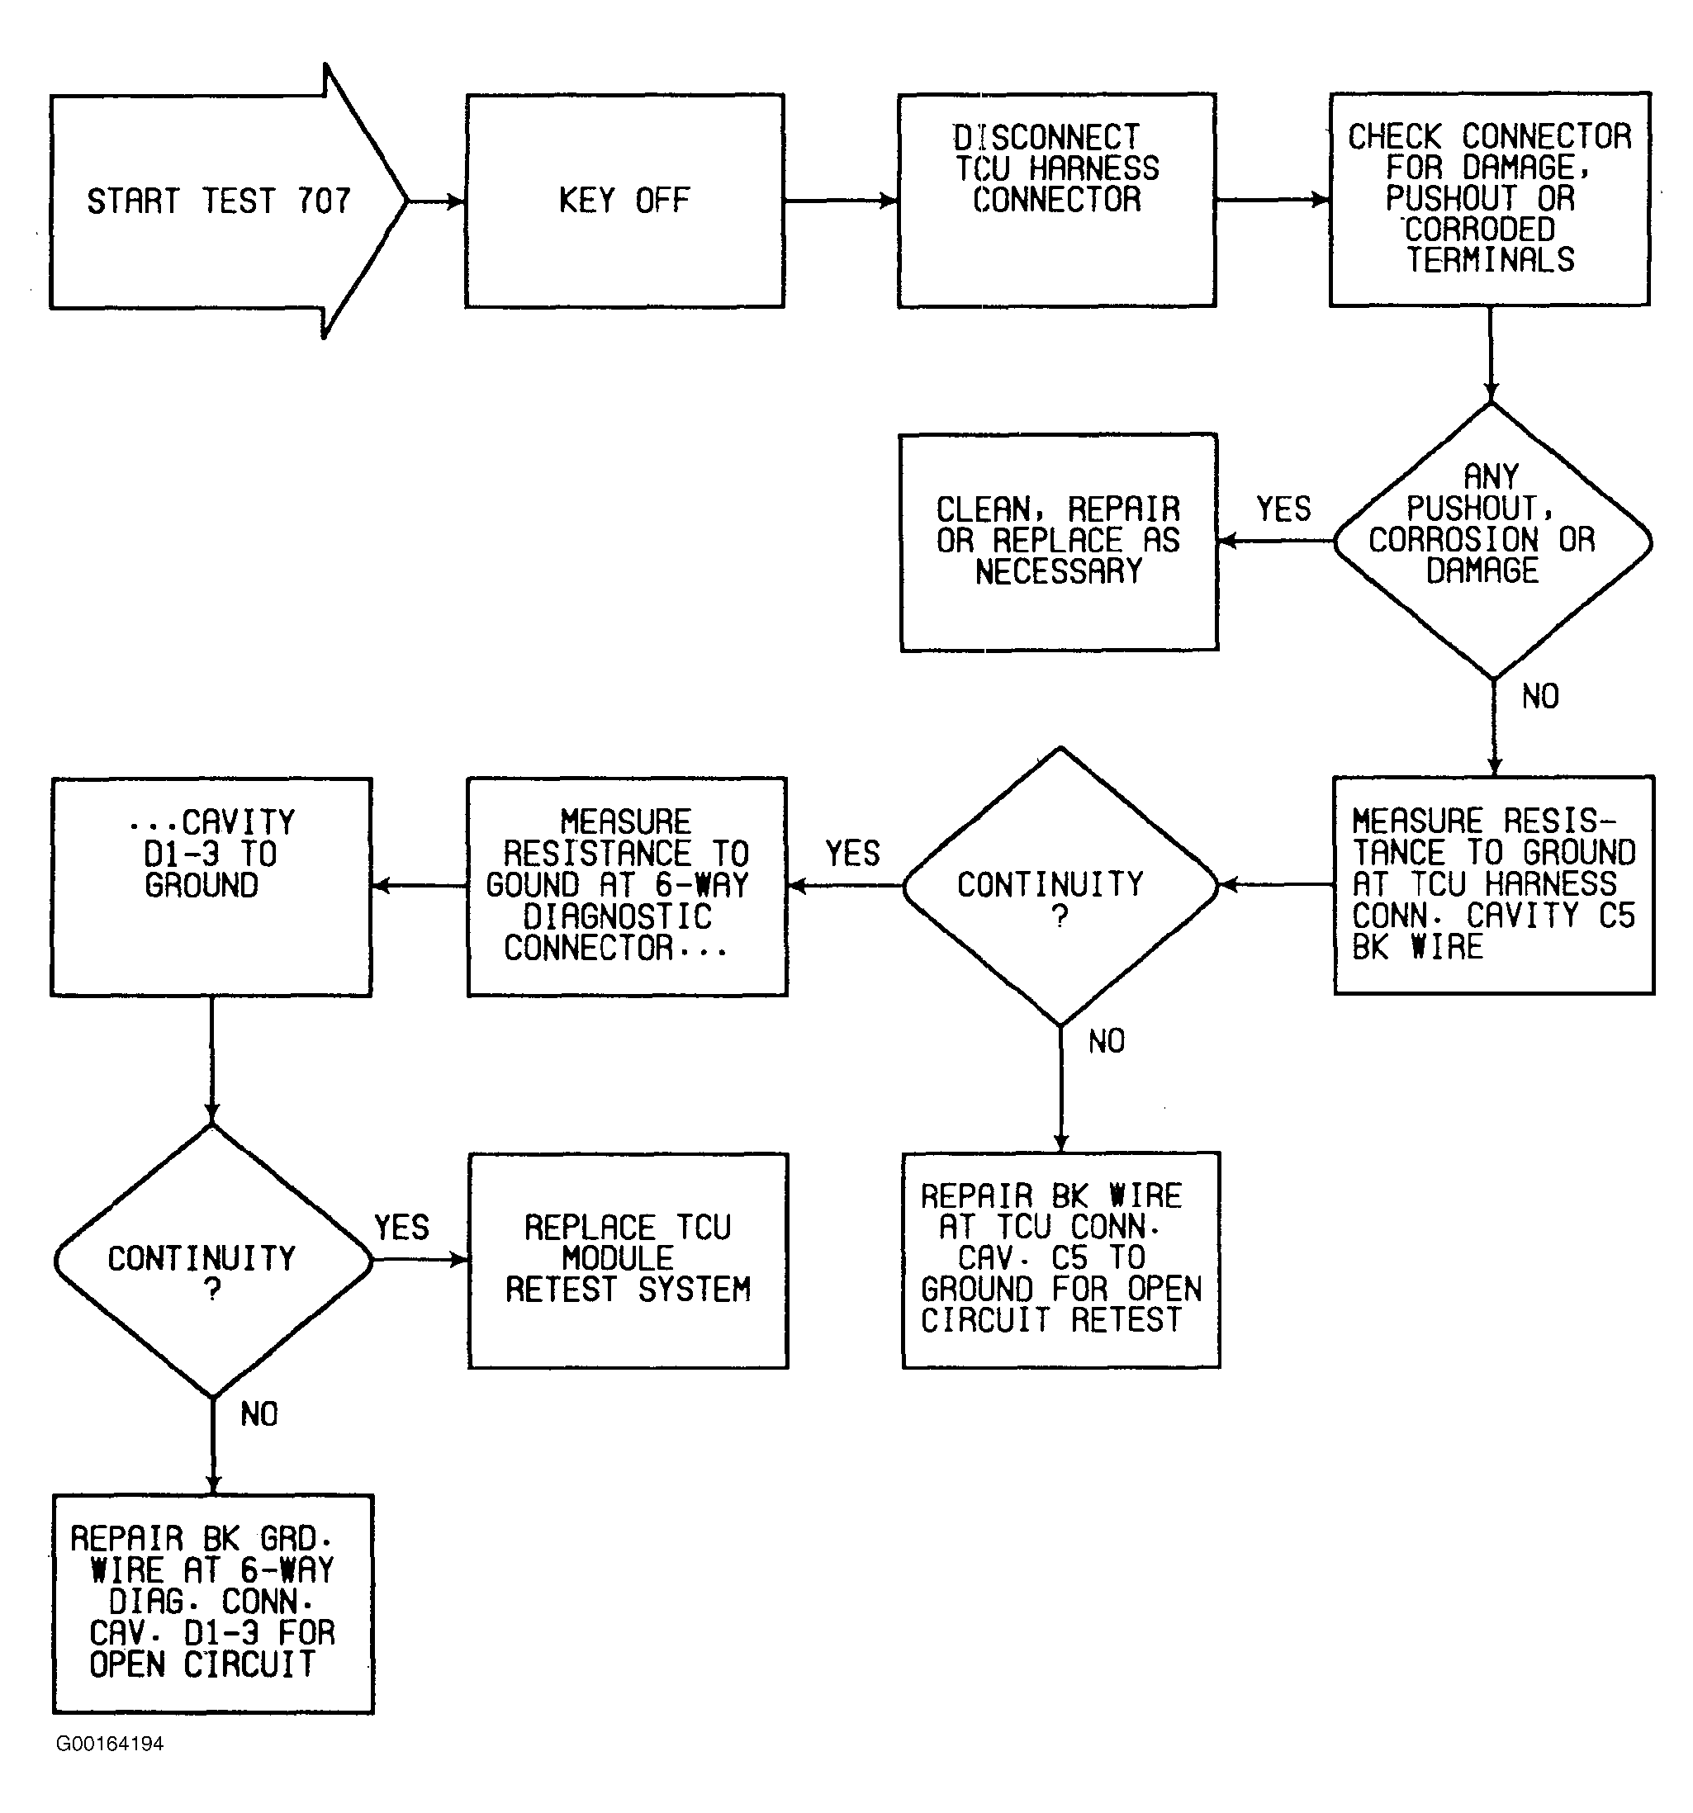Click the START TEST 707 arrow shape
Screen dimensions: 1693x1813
[228, 201]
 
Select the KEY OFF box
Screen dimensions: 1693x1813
[625, 201]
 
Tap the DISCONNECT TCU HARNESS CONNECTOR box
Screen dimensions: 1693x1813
[1056, 201]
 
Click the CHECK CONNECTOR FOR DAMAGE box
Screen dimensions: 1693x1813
[1490, 199]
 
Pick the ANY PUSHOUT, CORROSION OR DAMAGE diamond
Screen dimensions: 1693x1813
[1492, 542]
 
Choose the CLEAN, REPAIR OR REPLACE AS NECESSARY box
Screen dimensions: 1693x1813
[1058, 542]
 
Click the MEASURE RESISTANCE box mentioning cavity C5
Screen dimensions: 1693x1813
[1493, 884]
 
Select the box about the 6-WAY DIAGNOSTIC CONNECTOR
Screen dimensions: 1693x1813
[627, 887]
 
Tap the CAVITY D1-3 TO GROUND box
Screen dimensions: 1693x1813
[211, 887]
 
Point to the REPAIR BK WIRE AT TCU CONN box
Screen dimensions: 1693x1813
[1061, 1259]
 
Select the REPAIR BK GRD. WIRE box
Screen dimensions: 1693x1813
[212, 1603]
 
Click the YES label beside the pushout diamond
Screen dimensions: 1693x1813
[1283, 509]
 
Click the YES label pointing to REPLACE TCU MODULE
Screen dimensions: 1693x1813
[401, 1228]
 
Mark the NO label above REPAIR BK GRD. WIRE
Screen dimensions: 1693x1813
[259, 1414]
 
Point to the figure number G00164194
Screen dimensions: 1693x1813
[110, 1744]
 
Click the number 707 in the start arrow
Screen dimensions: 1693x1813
[324, 201]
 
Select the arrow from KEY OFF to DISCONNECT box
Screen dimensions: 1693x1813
[841, 201]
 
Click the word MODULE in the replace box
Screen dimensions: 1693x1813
[618, 1258]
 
